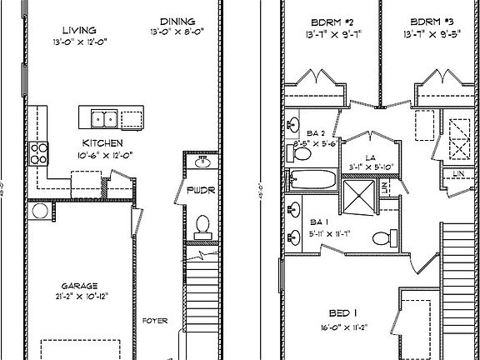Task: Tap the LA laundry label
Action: point(368,156)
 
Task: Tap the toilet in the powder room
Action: point(201,224)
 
